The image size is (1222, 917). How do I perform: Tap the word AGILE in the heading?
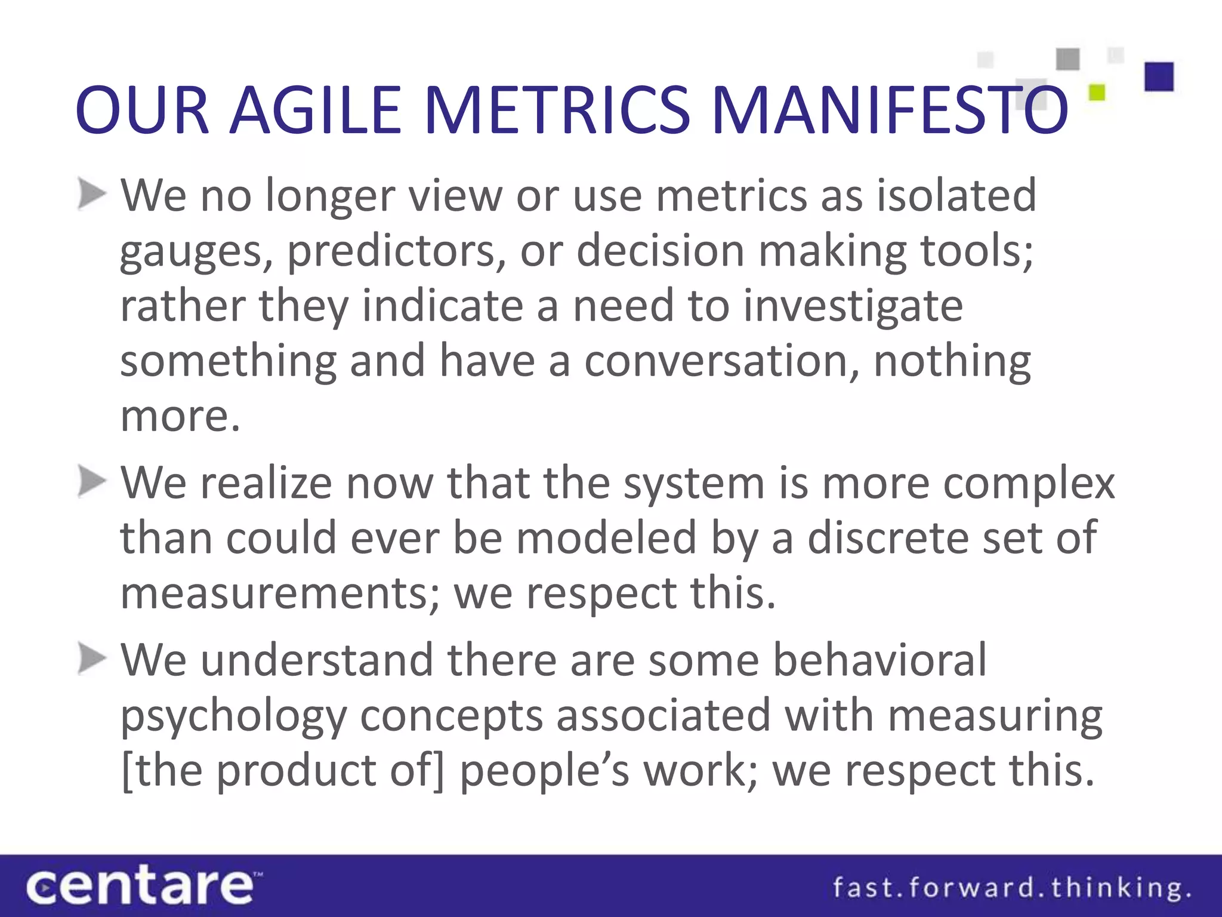click(x=316, y=110)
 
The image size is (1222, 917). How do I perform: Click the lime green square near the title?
click(x=1097, y=93)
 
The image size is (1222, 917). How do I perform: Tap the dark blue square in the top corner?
click(x=1159, y=77)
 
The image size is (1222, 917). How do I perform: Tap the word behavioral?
click(x=880, y=660)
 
